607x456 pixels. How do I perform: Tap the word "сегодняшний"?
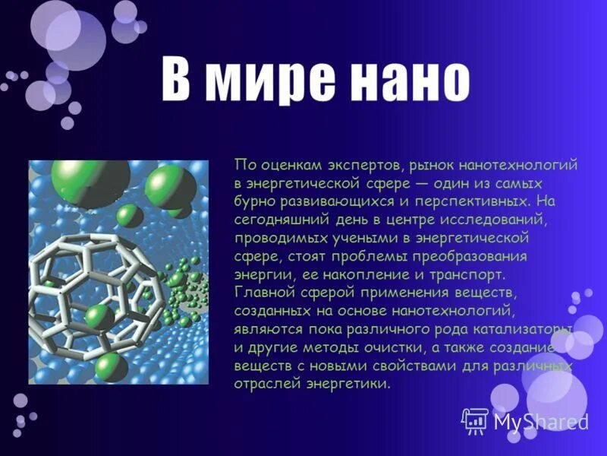pyautogui.click(x=275, y=220)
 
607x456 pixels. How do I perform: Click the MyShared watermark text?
pyautogui.click(x=540, y=421)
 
